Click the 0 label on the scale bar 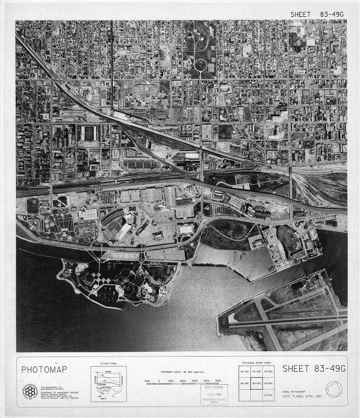(147, 381)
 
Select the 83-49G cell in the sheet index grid (256, 383)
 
